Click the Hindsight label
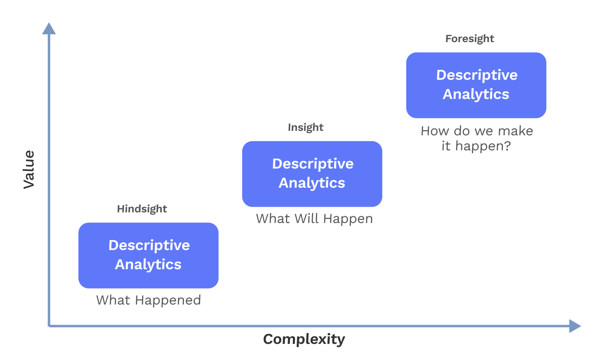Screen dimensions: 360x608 pos(142,209)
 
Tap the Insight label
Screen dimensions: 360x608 pos(305,127)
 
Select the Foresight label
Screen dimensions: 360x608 pos(469,39)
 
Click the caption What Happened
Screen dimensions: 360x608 pos(148,300)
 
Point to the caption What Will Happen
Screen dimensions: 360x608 pos(314,219)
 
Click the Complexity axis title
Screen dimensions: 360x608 pos(304,339)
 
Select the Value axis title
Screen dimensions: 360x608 pos(29,169)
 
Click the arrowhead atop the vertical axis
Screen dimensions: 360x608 pos(49,29)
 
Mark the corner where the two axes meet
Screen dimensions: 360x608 pos(49,326)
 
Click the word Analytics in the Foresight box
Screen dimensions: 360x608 pos(476,94)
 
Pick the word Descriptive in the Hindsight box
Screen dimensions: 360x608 pos(149,245)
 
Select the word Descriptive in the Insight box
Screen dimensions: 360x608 pos(313,164)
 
